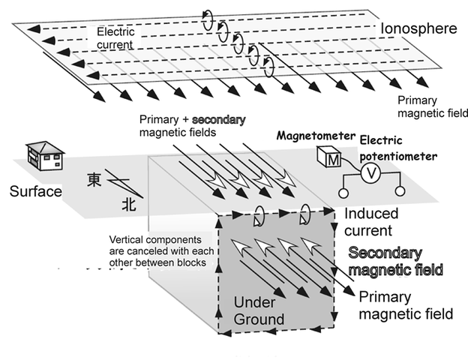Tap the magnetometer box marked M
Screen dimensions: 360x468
[328, 159]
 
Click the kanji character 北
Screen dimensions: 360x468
[130, 203]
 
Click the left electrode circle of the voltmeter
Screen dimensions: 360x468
[341, 193]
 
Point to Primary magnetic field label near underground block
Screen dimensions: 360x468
[406, 304]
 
